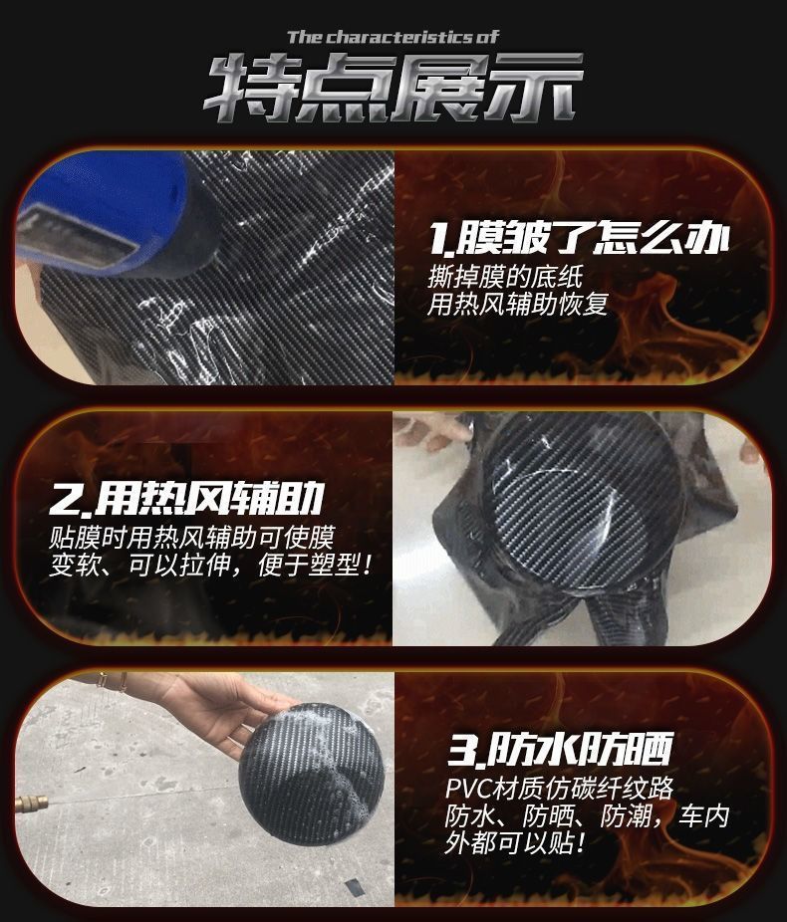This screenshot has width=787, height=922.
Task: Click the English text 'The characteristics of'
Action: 393,37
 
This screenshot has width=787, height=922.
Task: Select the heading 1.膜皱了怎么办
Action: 580,238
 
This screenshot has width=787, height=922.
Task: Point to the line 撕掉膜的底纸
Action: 505,276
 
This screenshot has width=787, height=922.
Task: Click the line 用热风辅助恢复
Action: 518,304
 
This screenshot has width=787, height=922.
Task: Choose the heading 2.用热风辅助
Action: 186,499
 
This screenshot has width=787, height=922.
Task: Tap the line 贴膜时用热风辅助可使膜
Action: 191,537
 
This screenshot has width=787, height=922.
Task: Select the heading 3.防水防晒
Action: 560,750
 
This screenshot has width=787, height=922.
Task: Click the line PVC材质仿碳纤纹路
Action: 560,788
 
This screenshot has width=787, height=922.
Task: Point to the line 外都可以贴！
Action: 516,843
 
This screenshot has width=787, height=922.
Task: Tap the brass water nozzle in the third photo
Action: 32,804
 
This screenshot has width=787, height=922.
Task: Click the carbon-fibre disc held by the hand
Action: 311,775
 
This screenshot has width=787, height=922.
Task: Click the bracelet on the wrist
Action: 112,681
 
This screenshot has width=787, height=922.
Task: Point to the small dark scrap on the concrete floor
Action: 354,886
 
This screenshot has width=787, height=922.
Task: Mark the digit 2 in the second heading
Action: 65,502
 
